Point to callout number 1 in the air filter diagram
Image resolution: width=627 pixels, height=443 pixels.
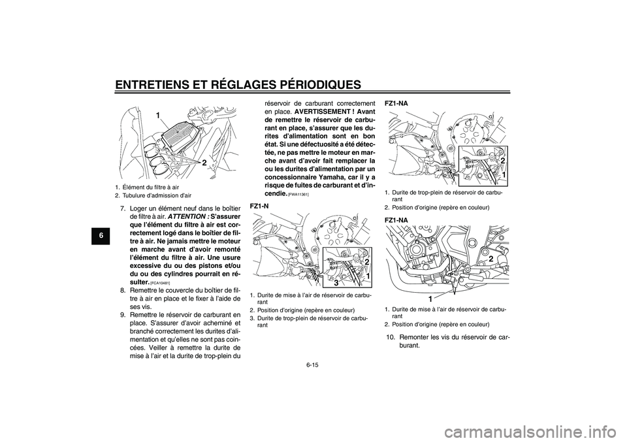(157, 116)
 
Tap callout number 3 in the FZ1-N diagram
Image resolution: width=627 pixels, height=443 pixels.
(336, 283)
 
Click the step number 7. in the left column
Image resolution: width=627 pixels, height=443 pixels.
(124, 208)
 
